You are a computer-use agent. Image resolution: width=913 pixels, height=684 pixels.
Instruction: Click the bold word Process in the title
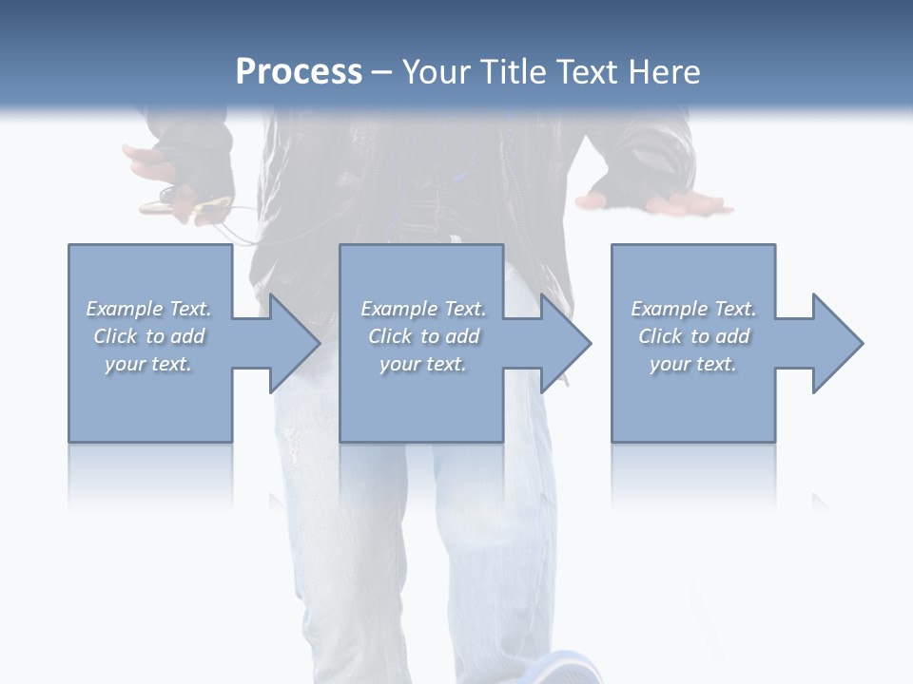(x=299, y=72)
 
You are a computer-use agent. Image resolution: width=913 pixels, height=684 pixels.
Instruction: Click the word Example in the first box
(x=125, y=309)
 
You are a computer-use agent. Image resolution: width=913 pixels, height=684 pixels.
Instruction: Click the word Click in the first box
(x=115, y=336)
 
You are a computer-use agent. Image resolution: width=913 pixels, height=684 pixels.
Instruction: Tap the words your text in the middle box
(x=422, y=364)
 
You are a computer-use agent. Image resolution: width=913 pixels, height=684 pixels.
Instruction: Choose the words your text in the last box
(x=692, y=364)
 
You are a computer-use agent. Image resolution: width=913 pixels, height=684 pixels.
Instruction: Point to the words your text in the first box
(x=147, y=364)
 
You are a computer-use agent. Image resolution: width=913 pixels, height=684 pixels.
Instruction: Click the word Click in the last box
(x=660, y=336)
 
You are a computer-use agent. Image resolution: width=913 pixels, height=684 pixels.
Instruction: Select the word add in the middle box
(x=463, y=336)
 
